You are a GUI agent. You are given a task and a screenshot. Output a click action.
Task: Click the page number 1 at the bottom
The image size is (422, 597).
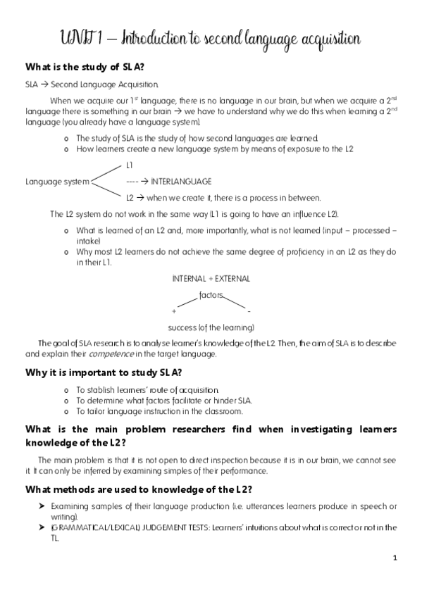click(x=395, y=558)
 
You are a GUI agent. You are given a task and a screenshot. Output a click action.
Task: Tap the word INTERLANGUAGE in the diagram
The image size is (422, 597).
click(x=181, y=181)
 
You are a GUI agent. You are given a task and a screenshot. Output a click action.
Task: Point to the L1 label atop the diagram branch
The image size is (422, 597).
click(x=130, y=165)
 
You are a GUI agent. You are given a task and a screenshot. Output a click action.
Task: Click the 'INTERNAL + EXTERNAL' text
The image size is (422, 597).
click(x=211, y=278)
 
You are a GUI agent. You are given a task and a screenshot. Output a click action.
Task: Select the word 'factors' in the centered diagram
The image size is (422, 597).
click(x=211, y=296)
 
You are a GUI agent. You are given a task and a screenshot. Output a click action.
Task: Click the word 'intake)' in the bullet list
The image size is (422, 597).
click(x=87, y=239)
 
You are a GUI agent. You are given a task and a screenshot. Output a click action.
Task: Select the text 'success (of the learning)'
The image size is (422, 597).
click(x=211, y=327)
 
